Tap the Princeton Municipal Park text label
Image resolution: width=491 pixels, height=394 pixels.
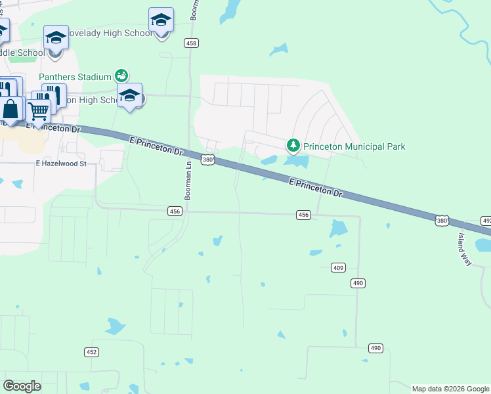point(354,146)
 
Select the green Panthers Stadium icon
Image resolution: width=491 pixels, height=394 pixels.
point(121,76)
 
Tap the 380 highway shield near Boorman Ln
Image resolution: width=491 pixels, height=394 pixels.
point(207,160)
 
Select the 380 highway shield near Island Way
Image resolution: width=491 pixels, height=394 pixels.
point(442,221)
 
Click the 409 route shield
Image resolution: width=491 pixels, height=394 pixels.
point(338,267)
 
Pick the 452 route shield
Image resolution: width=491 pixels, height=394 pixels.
point(91,352)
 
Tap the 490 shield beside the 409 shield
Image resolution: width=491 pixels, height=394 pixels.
point(358,282)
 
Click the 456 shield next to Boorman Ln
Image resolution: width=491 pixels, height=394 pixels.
point(175,211)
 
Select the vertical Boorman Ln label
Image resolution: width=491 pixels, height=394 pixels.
point(188,180)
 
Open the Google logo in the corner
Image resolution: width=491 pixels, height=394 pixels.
point(22,386)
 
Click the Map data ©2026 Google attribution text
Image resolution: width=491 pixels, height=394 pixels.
point(450,389)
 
